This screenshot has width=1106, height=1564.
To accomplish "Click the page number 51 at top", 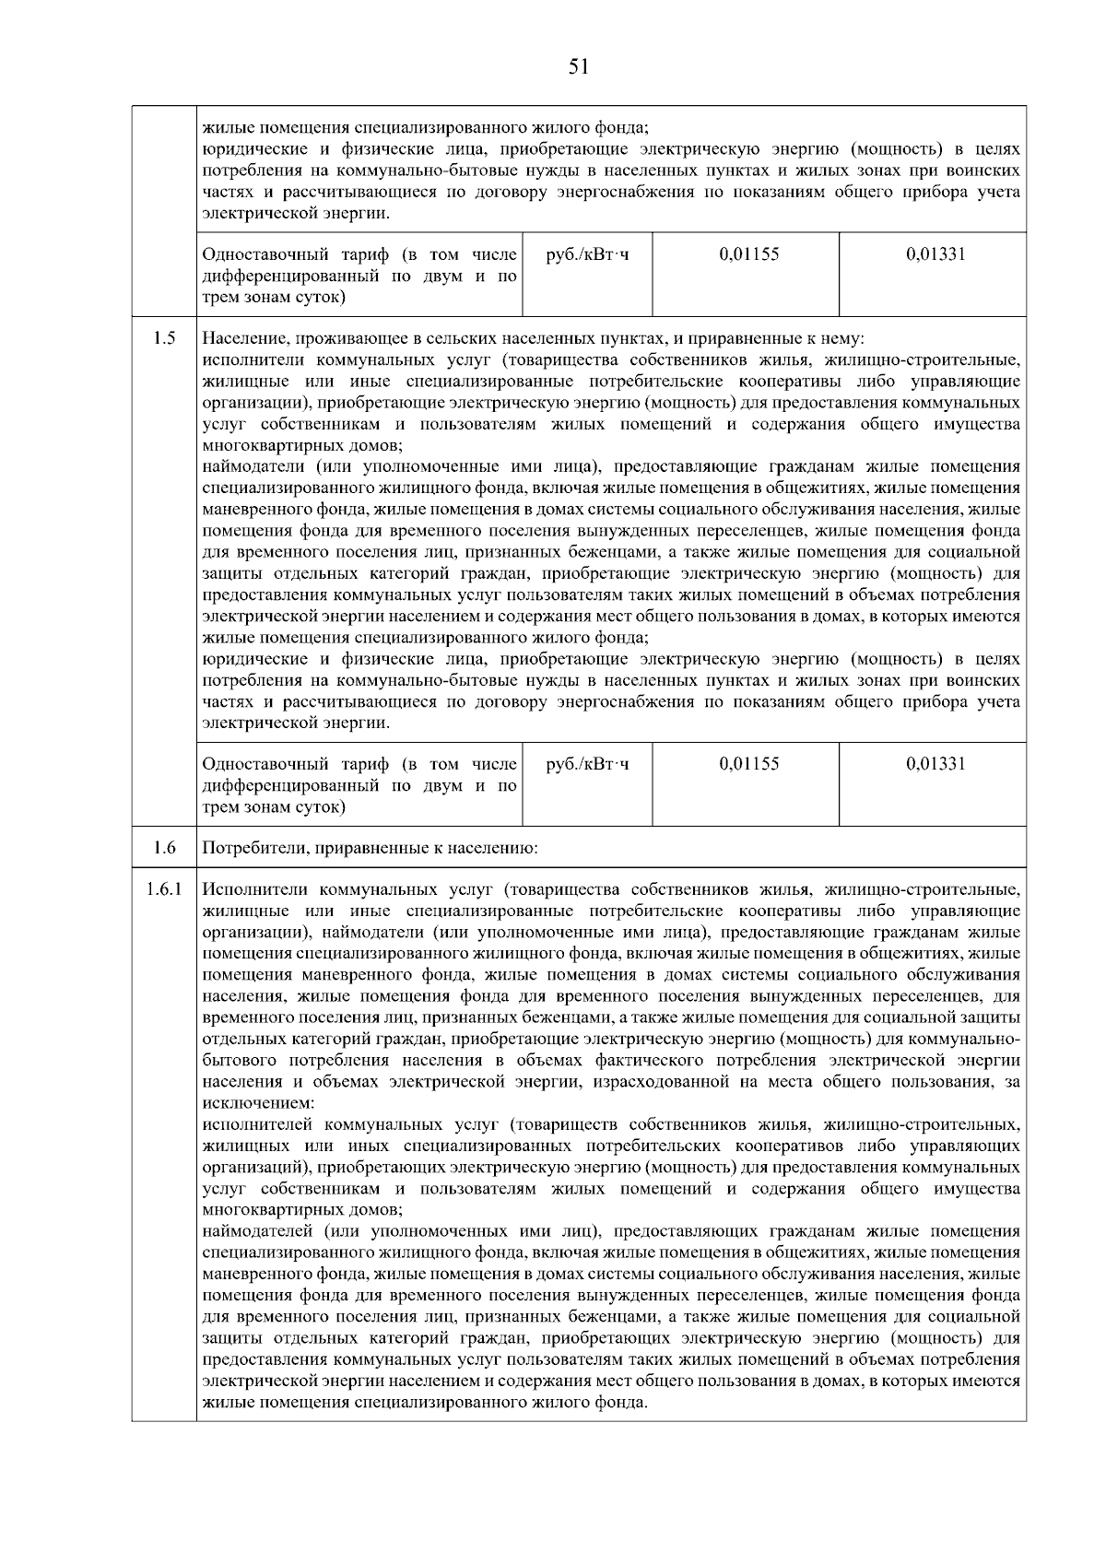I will coord(578,66).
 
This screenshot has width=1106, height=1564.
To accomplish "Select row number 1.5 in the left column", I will coord(165,337).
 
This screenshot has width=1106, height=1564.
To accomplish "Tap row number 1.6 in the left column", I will coord(165,847).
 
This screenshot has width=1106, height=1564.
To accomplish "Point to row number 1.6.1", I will coord(165,889).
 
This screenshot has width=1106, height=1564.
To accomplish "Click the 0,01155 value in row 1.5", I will coord(748,764).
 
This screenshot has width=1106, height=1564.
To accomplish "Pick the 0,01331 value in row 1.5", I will coord(935,764).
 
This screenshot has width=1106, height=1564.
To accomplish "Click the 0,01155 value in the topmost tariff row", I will coord(748,253).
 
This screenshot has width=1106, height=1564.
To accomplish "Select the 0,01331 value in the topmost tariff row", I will coord(935,253).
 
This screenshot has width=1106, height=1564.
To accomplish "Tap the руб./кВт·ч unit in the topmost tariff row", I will coord(588,253).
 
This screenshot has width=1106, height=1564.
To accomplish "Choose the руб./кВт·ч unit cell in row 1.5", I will coord(588,764).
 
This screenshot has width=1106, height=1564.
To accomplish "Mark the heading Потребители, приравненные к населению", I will coord(369,848).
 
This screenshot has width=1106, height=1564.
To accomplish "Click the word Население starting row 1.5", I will coord(241,338).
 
